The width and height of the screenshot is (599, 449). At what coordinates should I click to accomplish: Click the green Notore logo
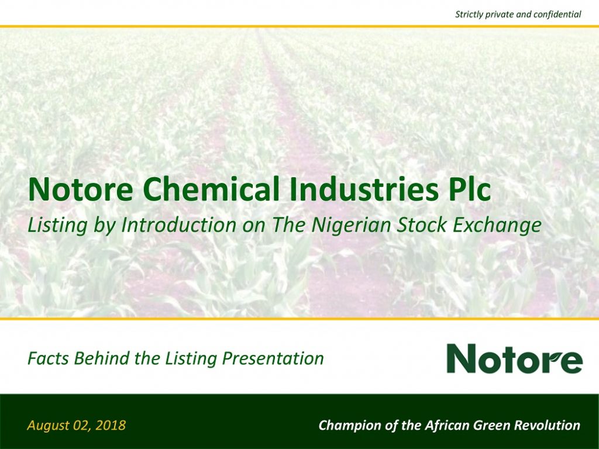(x=514, y=358)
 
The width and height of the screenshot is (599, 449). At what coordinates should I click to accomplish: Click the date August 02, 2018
(x=76, y=425)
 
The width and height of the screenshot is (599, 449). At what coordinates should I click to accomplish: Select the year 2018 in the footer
(x=112, y=425)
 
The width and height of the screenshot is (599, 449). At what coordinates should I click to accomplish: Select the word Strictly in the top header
(x=470, y=13)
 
